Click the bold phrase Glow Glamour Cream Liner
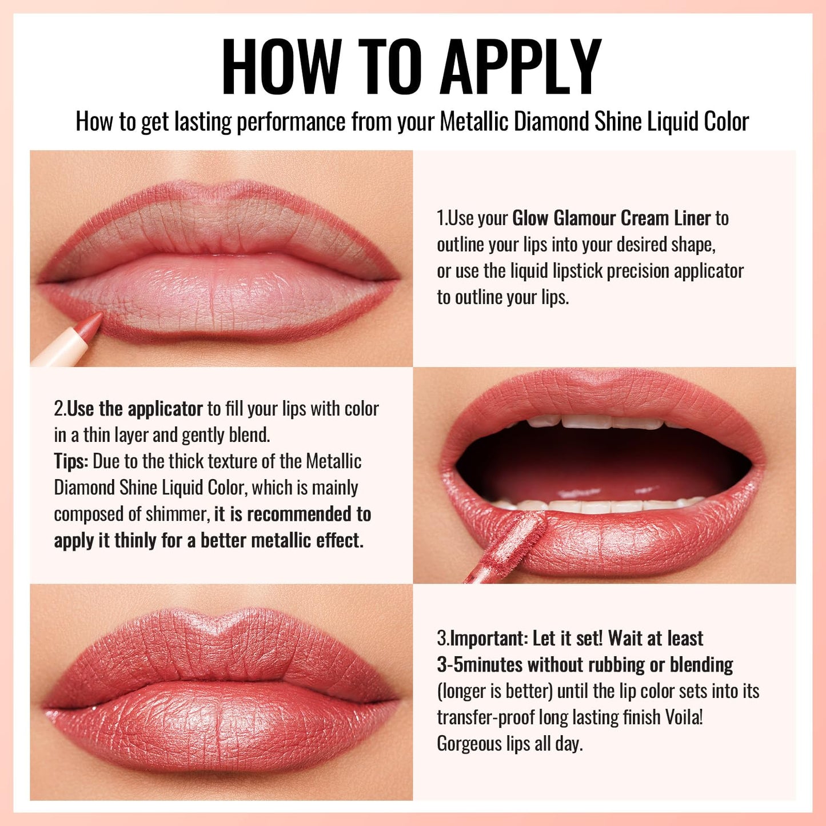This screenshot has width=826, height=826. tap(611, 218)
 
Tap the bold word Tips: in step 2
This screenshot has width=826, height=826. tap(71, 462)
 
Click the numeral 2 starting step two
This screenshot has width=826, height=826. tap(58, 409)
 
